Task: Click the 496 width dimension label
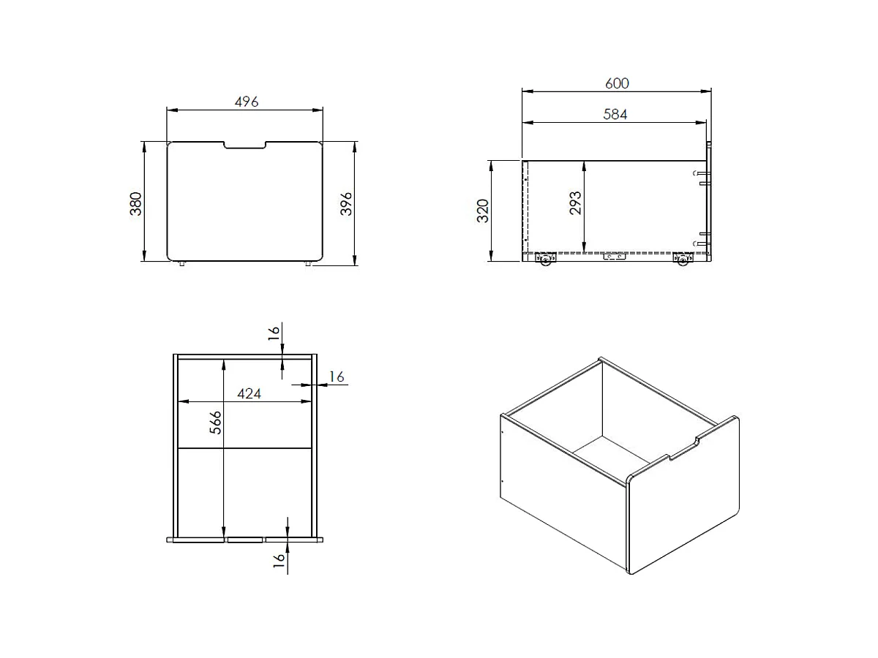click(x=247, y=102)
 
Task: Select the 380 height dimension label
click(x=136, y=203)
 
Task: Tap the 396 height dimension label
click(x=346, y=203)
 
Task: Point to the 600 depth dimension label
click(x=617, y=83)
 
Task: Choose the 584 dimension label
click(x=615, y=114)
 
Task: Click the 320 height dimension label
click(x=483, y=211)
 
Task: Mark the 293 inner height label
click(x=575, y=203)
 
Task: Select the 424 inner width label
click(x=249, y=394)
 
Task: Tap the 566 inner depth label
click(x=215, y=423)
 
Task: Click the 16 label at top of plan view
click(x=274, y=333)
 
